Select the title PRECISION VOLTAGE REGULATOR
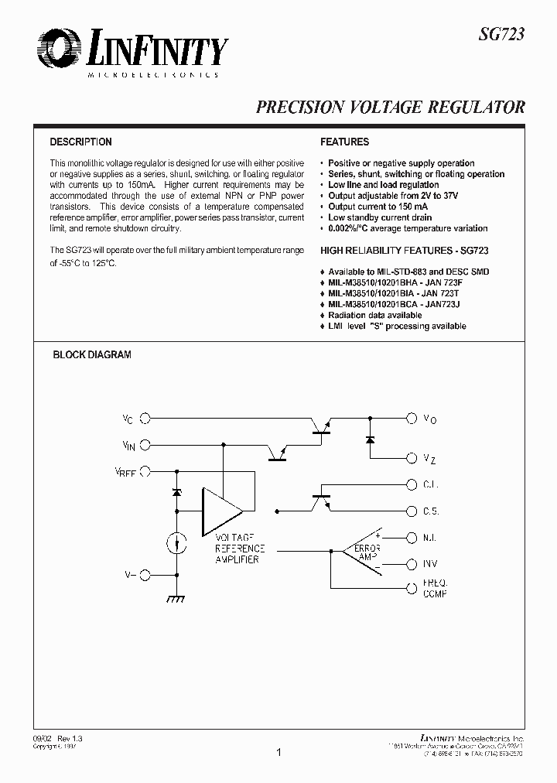(x=391, y=108)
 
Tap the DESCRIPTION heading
(x=80, y=142)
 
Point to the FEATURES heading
(x=344, y=142)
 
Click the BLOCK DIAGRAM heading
(x=91, y=355)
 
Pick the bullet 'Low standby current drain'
(x=380, y=217)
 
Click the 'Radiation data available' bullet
(x=374, y=316)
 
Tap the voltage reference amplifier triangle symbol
(x=220, y=511)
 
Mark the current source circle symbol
(x=176, y=543)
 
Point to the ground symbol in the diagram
(x=176, y=598)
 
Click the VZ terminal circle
(x=412, y=457)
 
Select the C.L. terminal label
(x=431, y=484)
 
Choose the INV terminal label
(x=432, y=565)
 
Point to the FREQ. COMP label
(x=436, y=588)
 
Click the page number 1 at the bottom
(x=278, y=751)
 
